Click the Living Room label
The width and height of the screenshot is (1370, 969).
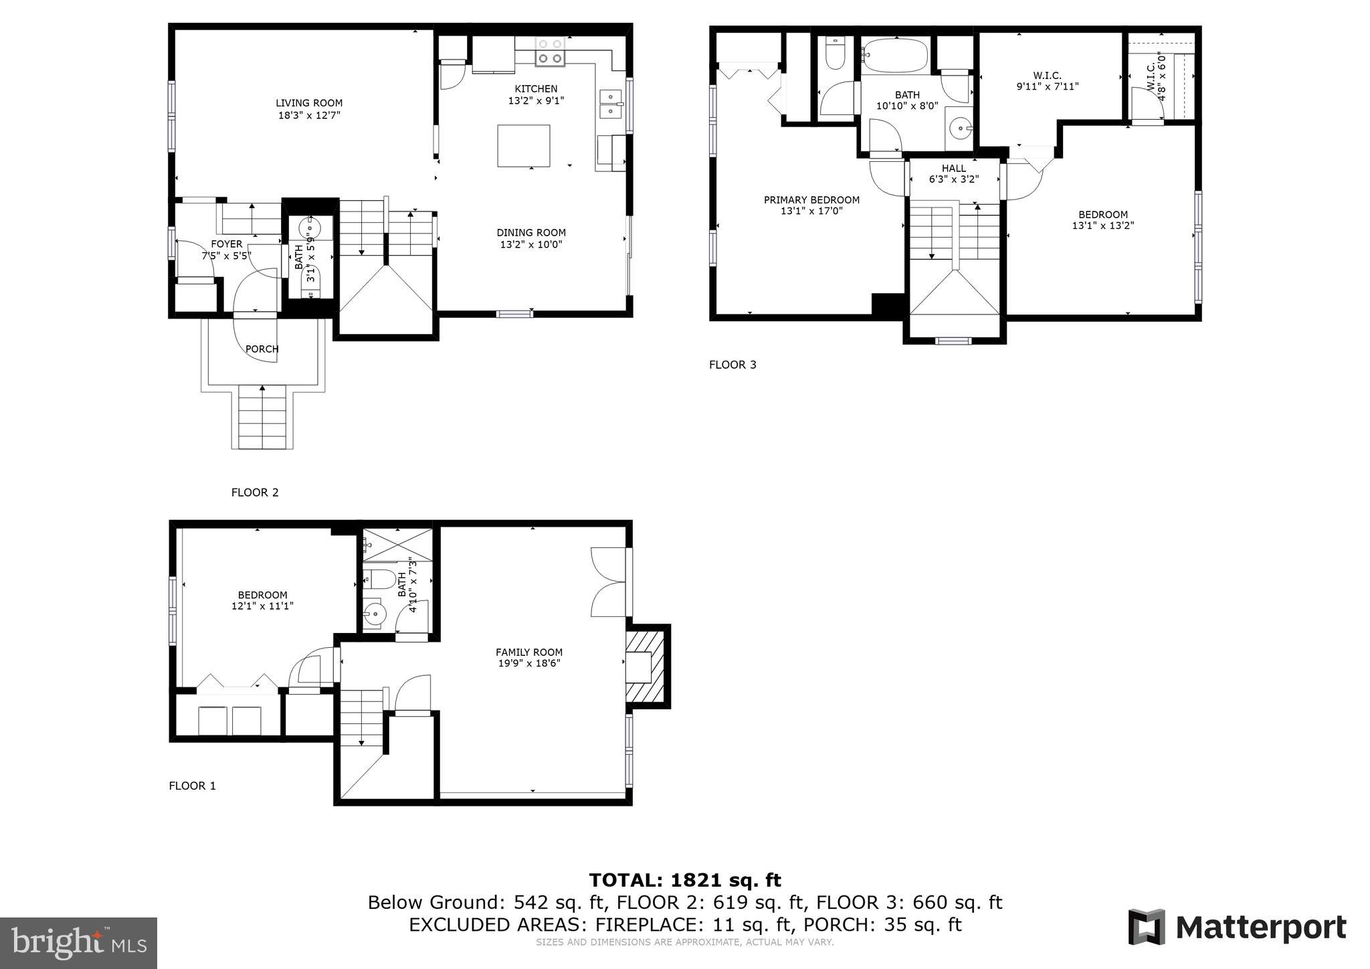pos(309,103)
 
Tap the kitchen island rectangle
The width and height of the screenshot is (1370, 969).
pos(523,145)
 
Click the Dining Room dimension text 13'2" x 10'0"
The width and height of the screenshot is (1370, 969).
pos(531,244)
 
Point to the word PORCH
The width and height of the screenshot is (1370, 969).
pos(262,349)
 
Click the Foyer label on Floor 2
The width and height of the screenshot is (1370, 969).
pos(226,244)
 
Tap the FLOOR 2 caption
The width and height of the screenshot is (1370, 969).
pos(255,493)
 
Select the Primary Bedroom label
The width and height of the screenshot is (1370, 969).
pos(811,199)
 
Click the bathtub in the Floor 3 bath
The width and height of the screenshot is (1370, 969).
pos(895,55)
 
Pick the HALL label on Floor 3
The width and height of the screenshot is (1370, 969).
pos(953,168)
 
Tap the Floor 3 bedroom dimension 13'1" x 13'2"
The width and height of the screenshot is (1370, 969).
pos(1102,226)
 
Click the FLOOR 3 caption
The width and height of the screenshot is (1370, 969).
pos(732,365)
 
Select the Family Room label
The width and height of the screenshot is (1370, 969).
pos(528,652)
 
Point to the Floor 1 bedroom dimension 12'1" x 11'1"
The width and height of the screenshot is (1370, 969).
pos(262,606)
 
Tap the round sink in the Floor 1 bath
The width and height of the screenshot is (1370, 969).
pos(375,613)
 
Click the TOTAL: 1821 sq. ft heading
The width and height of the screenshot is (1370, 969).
pos(684,880)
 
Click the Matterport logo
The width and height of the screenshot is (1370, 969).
pos(1238,928)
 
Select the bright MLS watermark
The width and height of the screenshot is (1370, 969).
pos(79,943)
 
